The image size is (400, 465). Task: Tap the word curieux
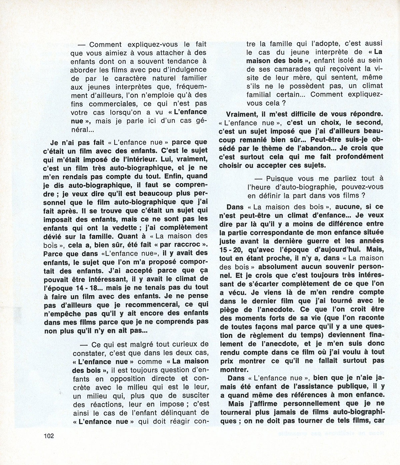coord(183,344)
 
